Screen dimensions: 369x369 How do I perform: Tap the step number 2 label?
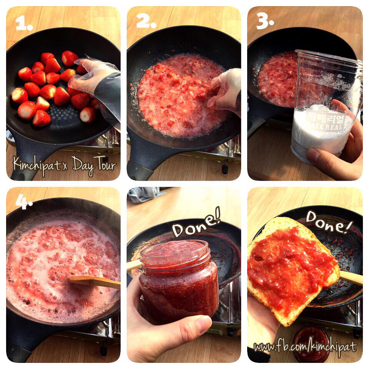click(x=146, y=21)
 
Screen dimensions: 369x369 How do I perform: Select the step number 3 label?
click(x=265, y=21)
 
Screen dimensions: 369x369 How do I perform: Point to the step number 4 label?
click(x=24, y=202)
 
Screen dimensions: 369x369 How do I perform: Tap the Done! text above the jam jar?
click(x=196, y=224)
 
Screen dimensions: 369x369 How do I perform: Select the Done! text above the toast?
click(x=329, y=222)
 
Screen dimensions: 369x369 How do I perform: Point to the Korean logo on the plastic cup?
click(x=326, y=120)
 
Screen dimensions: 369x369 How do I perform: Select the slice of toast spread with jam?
click(x=293, y=271)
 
